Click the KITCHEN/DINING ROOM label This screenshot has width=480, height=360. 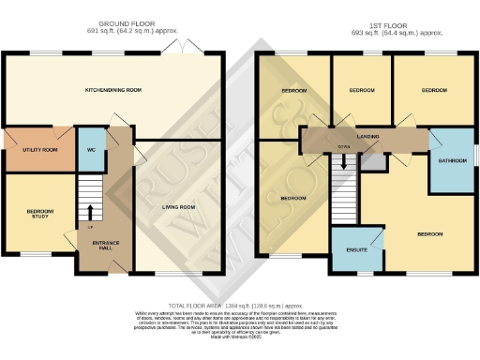[113, 90]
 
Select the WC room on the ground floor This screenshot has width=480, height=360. [92, 150]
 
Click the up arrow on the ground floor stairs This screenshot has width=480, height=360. [91, 210]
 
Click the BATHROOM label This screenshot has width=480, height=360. [452, 161]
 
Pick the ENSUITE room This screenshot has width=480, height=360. [356, 250]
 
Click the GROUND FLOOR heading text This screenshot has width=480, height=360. [116, 24]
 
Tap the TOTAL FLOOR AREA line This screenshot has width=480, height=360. [240, 307]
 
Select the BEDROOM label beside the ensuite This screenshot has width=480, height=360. [429, 232]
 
